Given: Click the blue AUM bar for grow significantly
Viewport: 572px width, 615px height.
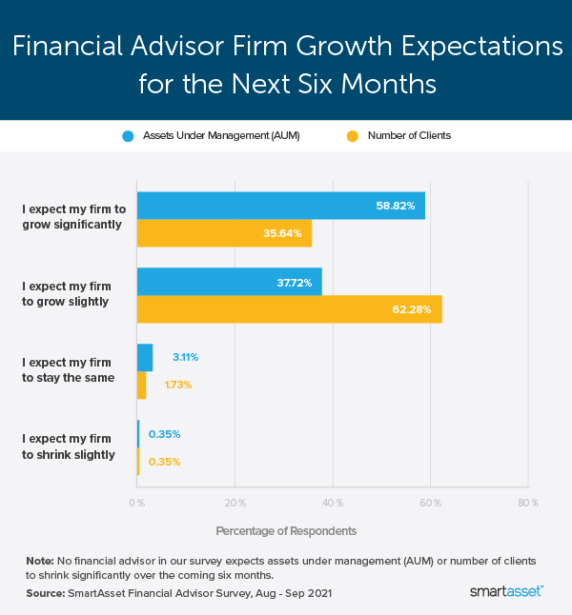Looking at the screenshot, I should coord(280,206).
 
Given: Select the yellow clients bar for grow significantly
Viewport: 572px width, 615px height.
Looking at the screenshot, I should coord(224,233).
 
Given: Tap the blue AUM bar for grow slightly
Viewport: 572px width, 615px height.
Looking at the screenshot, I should coord(229,282).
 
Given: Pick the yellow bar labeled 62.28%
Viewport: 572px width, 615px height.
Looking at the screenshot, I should coord(289,309).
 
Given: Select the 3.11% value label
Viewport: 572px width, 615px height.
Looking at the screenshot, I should coord(185,357).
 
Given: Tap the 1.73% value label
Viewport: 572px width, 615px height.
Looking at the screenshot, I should coord(178,385).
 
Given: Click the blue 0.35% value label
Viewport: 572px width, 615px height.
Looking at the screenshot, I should coord(164,434).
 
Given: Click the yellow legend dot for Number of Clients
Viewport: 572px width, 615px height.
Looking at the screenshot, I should coord(352,135).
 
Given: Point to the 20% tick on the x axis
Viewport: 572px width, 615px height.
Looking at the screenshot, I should coord(235,502).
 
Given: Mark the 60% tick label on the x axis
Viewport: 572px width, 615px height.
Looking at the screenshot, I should coord(430,502).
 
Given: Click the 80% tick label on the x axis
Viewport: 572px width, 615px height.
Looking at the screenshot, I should coord(528,502).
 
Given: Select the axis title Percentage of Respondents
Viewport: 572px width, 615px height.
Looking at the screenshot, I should coord(286,529).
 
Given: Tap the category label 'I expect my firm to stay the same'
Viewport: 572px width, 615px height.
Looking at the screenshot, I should coord(68,370).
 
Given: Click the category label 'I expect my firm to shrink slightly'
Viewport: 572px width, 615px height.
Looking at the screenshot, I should coord(68,446).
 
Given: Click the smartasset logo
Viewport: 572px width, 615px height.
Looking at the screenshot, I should coord(506,592).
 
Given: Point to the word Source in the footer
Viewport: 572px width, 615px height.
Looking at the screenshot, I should coord(44,592).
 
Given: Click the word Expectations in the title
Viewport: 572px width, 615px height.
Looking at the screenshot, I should coord(447,46).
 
